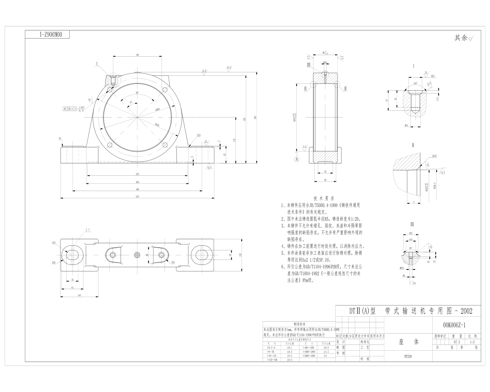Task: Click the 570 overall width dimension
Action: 137,196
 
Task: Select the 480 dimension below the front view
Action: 137,189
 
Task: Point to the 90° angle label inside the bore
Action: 137,93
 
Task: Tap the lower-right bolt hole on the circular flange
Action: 165,145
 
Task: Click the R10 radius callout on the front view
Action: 199,135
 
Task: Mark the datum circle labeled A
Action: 297,158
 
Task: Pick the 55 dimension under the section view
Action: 325,171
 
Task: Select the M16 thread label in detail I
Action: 406,125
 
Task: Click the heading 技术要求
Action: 324,198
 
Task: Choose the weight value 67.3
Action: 457,342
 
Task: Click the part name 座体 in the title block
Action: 408,341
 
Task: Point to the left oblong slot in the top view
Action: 72,255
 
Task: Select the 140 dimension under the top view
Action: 79,295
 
